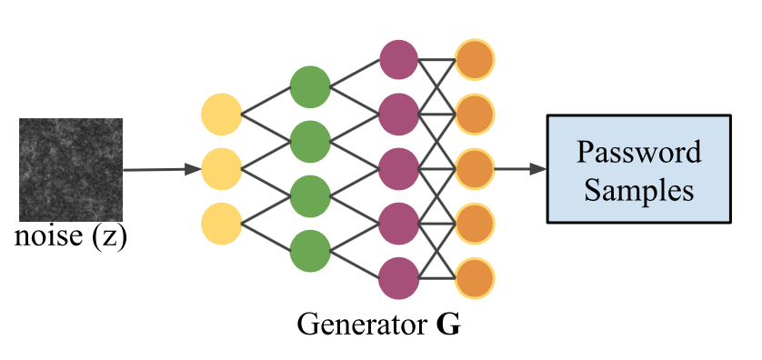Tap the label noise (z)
click(x=71, y=238)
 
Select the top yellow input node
click(x=222, y=115)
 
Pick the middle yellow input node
click(x=222, y=168)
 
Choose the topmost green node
click(x=309, y=87)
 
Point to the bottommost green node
click(x=309, y=249)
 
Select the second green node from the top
click(x=309, y=141)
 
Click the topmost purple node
click(x=398, y=60)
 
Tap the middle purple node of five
click(x=398, y=168)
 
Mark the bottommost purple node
click(x=398, y=276)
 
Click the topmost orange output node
click(x=475, y=60)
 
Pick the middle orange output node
click(x=475, y=168)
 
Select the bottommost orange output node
click(x=475, y=276)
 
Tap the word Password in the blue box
click(x=639, y=152)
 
